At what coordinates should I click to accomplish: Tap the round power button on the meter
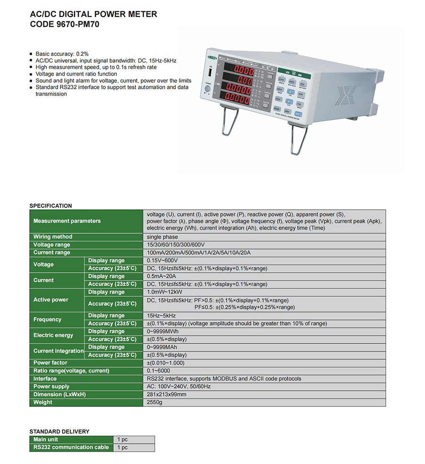[x=207, y=89]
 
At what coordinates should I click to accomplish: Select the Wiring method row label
[x=53, y=237]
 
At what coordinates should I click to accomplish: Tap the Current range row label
[x=52, y=253]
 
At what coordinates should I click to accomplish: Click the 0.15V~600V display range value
[x=162, y=260]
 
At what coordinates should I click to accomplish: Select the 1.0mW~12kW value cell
[x=164, y=292]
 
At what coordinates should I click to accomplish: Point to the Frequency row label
[x=48, y=319]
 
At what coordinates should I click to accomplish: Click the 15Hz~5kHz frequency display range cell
[x=161, y=316]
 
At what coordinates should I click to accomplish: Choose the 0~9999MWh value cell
[x=163, y=331]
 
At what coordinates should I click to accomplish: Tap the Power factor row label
[x=51, y=363]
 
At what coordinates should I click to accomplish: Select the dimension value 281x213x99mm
[x=167, y=395]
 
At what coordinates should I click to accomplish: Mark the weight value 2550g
[x=154, y=403]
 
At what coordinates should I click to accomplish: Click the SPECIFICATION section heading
[x=51, y=206]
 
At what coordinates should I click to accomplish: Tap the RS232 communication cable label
[x=71, y=447]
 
